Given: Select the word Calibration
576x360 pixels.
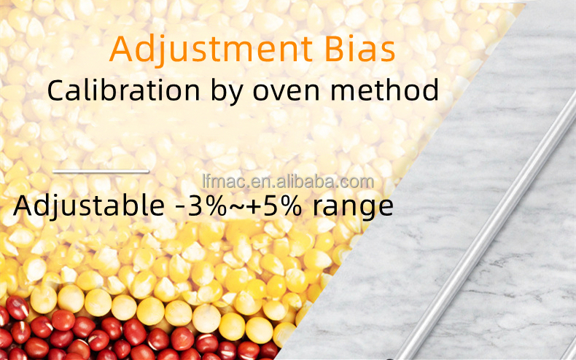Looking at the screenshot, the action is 123,90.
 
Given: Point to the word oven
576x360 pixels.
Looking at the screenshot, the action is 286,93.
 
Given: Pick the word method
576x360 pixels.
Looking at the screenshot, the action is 385,90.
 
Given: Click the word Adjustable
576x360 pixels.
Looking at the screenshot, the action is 89,206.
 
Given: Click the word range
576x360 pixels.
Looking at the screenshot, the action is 353,208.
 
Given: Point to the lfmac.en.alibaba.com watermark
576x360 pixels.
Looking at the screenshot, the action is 288,182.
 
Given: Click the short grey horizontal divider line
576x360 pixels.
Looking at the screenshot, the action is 101,171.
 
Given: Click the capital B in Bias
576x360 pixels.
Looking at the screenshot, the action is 336,49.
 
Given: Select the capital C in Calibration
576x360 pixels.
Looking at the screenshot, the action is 57,90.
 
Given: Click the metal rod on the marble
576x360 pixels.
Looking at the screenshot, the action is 485,229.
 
